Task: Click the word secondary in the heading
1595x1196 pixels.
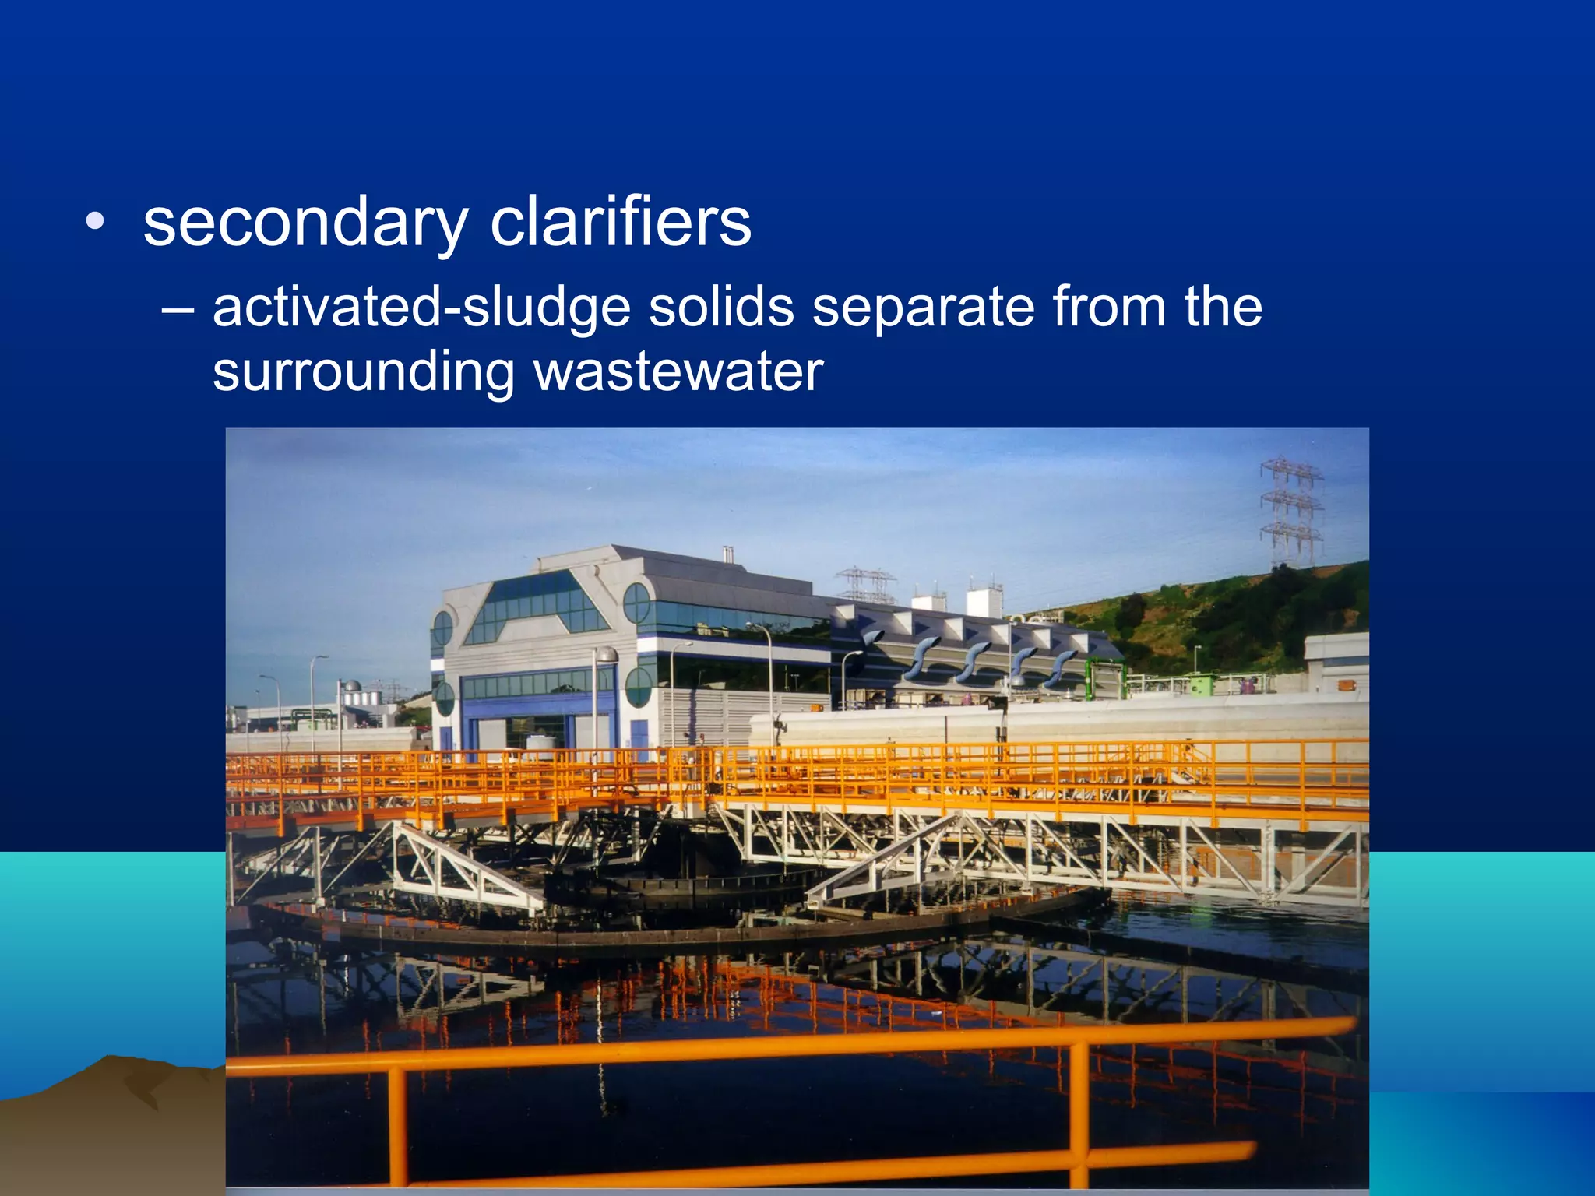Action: (x=305, y=225)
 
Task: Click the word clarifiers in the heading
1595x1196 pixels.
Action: (x=621, y=223)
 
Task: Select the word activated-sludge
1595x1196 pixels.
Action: (x=421, y=308)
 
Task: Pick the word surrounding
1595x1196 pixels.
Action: (x=364, y=373)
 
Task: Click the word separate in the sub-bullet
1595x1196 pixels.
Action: (x=923, y=308)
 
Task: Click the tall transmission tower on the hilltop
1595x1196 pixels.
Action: (x=1290, y=510)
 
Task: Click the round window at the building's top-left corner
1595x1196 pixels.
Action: (x=442, y=628)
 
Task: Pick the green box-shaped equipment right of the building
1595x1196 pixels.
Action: (x=1106, y=679)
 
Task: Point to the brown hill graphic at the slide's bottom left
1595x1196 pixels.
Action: (x=109, y=1121)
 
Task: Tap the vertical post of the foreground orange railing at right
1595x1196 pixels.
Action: (x=1079, y=1113)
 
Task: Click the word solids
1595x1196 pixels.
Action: (x=721, y=308)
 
